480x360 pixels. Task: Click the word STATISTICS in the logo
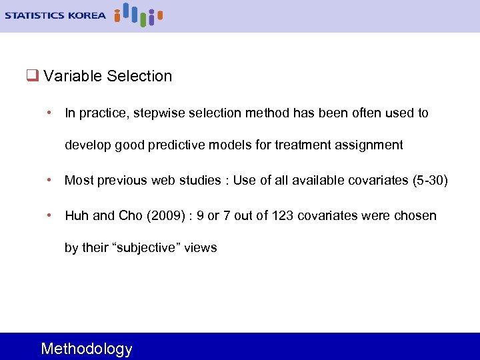35,15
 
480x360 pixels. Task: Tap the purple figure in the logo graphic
151,17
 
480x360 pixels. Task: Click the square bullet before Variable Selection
31,76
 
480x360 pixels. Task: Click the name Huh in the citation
76,216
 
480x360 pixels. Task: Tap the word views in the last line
201,248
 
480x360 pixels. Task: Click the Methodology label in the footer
87,349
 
